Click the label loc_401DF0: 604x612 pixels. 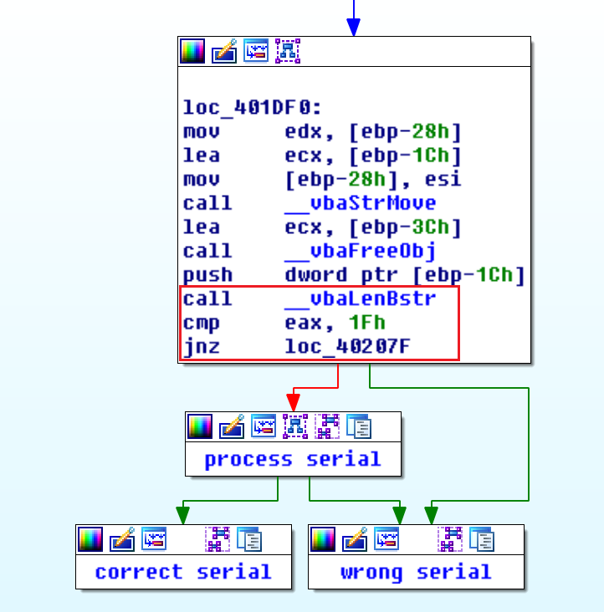[240, 108]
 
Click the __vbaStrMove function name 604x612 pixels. [360, 203]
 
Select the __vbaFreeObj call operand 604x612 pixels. [360, 251]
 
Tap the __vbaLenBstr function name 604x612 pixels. [360, 298]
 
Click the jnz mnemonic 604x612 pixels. [202, 347]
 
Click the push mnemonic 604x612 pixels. [207, 275]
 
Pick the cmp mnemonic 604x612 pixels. [202, 323]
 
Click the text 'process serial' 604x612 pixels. [293, 459]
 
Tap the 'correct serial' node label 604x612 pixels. [183, 572]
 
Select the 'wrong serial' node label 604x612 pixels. [416, 572]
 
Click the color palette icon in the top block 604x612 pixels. [193, 52]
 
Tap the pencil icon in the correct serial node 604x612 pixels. [122, 539]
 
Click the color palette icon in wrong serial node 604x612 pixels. [324, 539]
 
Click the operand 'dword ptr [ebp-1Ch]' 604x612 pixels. [405, 275]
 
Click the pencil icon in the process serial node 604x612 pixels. [232, 426]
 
